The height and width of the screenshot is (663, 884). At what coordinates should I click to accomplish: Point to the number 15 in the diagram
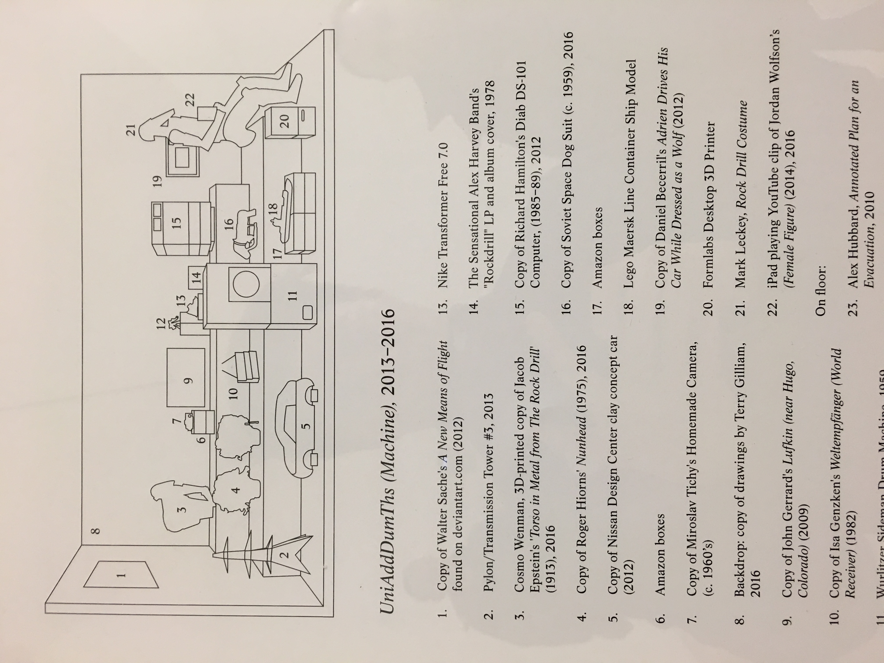pyautogui.click(x=177, y=222)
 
